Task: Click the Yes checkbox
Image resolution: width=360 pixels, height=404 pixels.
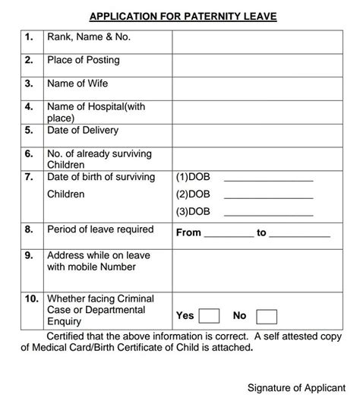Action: coord(210,315)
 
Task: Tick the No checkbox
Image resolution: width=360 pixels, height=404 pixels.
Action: coord(267,316)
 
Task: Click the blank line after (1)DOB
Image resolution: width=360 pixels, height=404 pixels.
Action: coord(268,179)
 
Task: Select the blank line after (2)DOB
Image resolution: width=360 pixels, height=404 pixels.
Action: coord(268,196)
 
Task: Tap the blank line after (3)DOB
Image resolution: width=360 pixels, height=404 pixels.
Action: coord(268,213)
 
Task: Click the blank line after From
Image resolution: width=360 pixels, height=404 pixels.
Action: coord(229,235)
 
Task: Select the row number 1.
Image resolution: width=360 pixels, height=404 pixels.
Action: coord(29,36)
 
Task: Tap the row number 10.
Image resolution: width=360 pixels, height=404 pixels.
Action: coord(30,298)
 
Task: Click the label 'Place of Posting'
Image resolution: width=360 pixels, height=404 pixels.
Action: coord(84,60)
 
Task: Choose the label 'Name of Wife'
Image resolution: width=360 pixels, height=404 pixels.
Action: coord(77,84)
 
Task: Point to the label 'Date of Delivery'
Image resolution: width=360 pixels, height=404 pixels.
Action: coord(83,130)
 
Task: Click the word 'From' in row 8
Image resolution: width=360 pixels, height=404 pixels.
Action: coord(188,232)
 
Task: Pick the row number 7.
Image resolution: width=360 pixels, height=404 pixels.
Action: coord(29,177)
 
